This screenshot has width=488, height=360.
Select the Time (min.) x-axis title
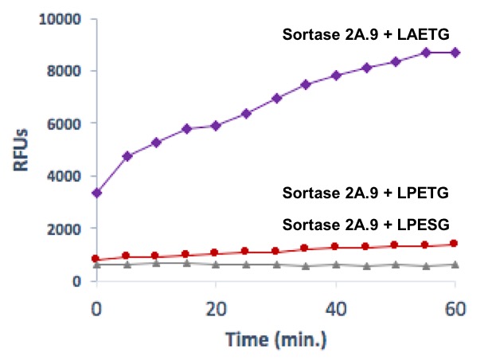[275, 338]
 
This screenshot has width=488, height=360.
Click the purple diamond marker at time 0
[96, 193]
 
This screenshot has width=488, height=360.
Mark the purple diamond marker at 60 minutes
[455, 53]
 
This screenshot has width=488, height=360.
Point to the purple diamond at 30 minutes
[276, 98]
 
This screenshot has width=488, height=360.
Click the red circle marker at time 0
[96, 259]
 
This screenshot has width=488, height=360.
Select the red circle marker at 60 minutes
[455, 244]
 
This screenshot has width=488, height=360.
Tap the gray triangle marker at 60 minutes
[455, 264]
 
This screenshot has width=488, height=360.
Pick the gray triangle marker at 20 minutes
[216, 264]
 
